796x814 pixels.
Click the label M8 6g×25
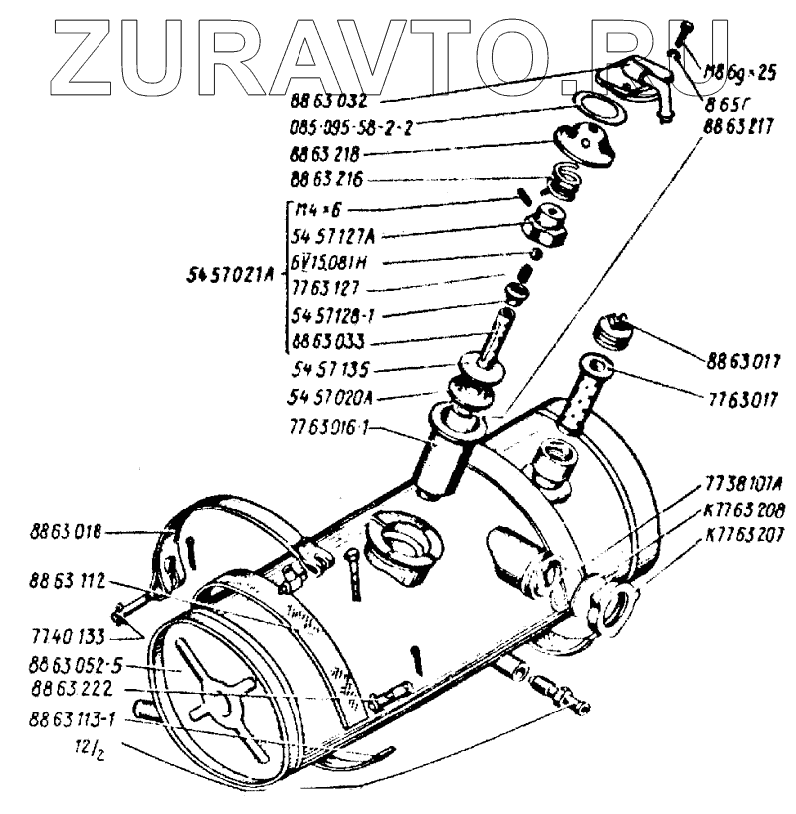pos(742,72)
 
